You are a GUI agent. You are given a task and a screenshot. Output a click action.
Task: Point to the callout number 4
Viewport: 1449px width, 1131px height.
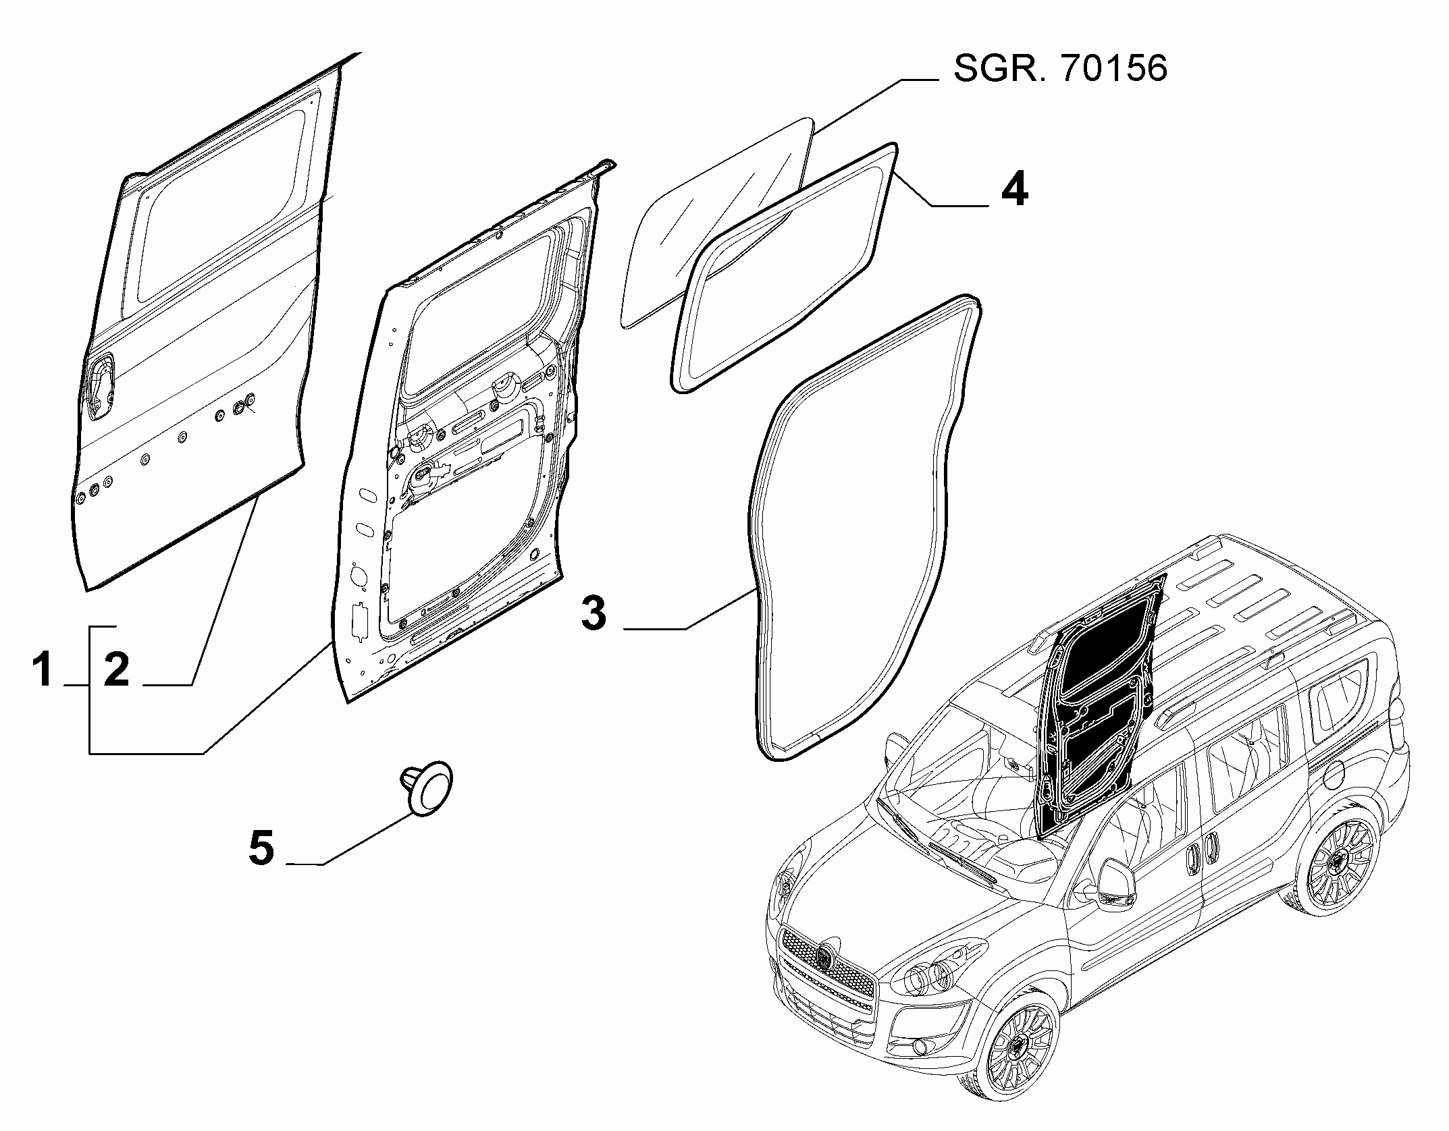click(1014, 190)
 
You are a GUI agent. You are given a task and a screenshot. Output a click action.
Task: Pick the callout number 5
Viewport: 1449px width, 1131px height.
click(262, 848)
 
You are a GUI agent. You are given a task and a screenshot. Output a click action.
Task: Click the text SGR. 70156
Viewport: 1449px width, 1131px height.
click(1059, 69)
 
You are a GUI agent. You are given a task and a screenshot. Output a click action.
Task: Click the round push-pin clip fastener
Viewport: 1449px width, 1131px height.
click(429, 790)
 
